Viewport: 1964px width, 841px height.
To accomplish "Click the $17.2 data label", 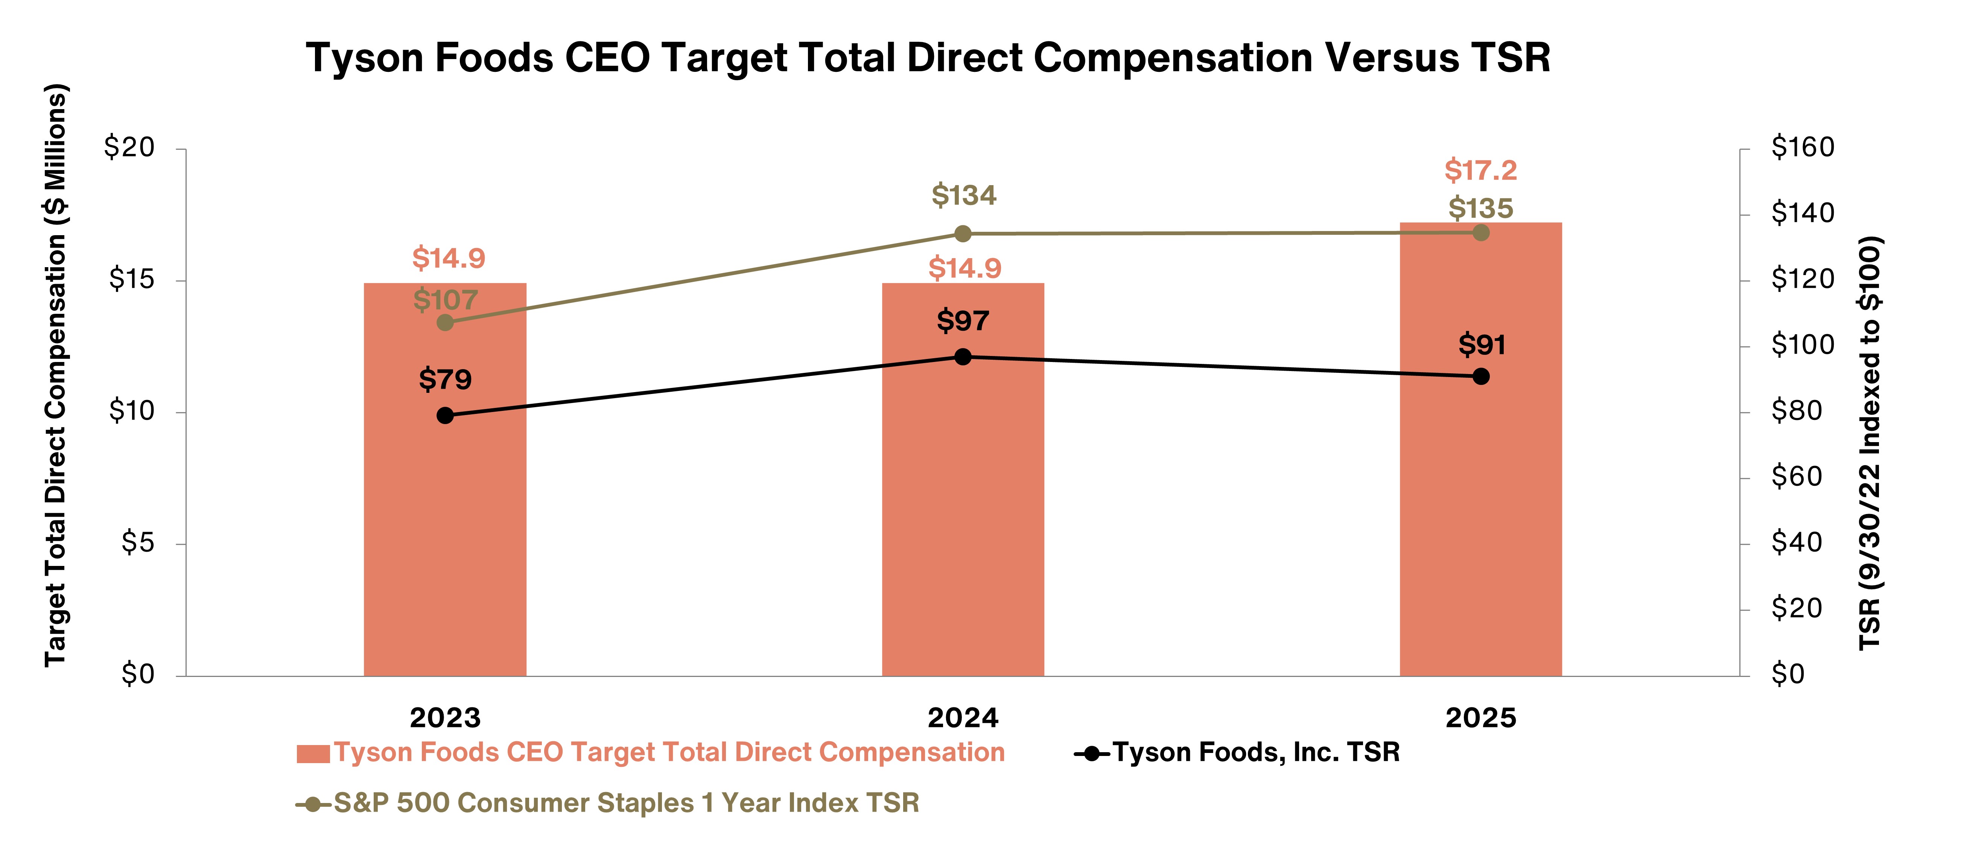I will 1481,170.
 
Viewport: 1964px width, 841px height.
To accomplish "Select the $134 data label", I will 964,195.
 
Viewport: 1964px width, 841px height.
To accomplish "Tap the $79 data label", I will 445,379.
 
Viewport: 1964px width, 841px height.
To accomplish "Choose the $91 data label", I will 1482,345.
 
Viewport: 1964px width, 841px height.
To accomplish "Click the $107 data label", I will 445,300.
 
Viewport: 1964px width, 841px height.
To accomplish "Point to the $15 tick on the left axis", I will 131,280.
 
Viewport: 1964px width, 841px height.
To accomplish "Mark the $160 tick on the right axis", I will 1802,147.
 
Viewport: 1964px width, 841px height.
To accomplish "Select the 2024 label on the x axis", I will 963,718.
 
